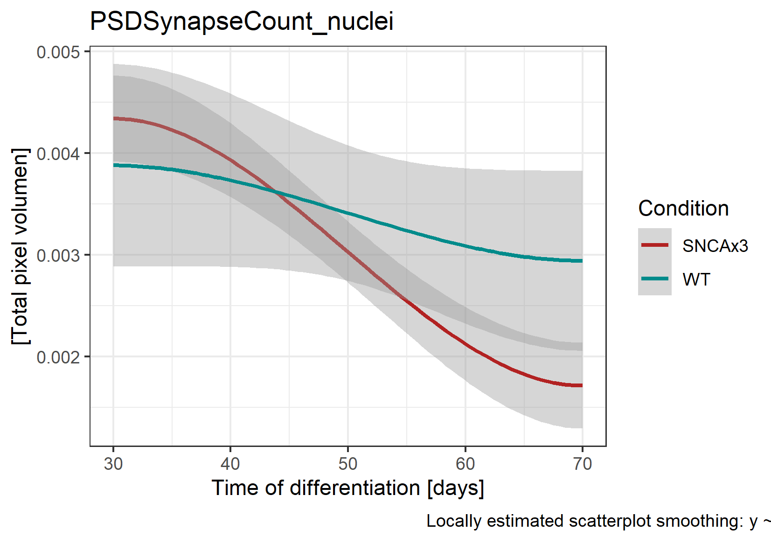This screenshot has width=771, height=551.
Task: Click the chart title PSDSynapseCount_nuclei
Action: click(241, 21)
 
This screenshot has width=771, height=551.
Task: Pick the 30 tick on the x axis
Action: click(113, 464)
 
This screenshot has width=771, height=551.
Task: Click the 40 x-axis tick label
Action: click(230, 464)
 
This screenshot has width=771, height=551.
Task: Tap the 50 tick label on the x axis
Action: click(348, 464)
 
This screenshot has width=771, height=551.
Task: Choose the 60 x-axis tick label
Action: click(465, 464)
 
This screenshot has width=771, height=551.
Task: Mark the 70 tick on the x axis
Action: click(583, 464)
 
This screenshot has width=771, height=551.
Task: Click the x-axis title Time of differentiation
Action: click(348, 488)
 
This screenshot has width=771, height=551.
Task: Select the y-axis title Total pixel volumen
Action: click(21, 246)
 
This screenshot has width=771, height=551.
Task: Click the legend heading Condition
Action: click(683, 209)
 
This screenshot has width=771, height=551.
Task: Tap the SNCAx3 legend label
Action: click(715, 246)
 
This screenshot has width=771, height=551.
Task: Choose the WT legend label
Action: click(696, 279)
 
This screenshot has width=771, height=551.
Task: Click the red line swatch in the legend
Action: click(655, 245)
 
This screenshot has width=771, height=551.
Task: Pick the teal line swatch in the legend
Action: click(655, 279)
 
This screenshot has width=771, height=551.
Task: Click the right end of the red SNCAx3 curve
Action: click(582, 385)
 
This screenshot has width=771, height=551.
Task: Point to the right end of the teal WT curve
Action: click(582, 261)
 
